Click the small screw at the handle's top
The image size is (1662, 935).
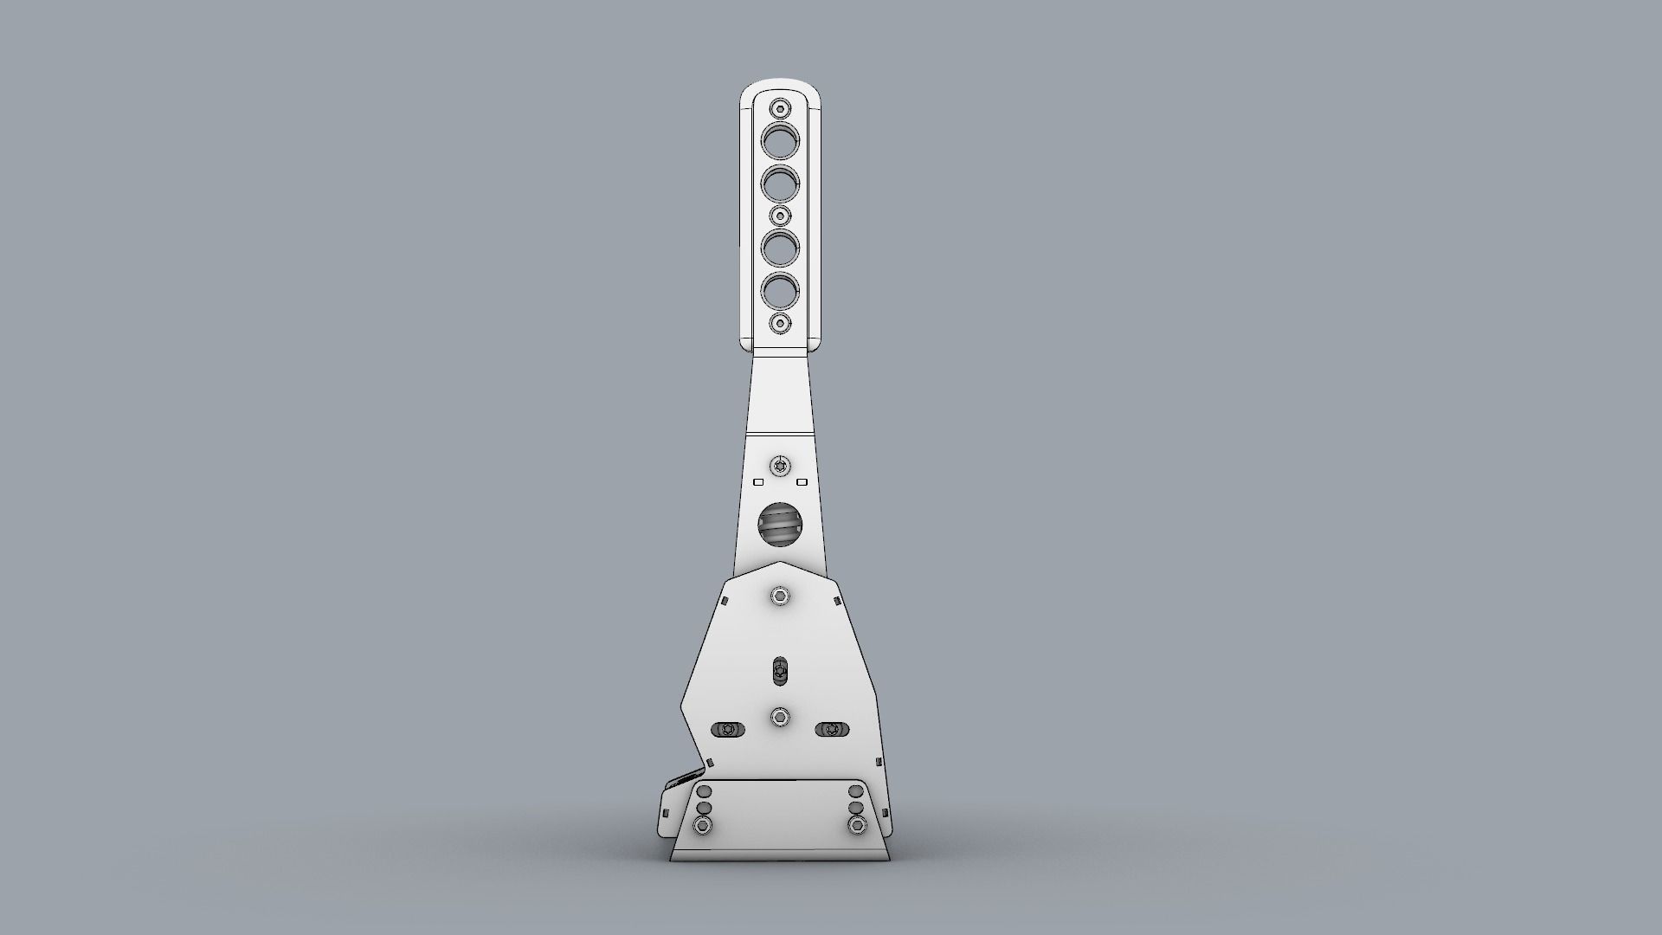tap(781, 109)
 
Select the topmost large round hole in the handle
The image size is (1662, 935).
tap(780, 139)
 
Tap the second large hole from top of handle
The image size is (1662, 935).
tap(780, 184)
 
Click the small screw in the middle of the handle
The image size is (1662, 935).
tap(781, 215)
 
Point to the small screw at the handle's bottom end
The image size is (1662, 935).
tap(781, 324)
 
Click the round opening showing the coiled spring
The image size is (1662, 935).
tap(780, 523)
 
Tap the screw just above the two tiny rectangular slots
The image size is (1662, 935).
tap(782, 466)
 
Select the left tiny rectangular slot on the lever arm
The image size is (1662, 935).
tap(758, 482)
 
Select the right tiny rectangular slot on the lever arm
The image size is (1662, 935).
tap(802, 482)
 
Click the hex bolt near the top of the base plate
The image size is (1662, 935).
tap(780, 596)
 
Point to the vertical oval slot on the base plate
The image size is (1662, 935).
tap(780, 671)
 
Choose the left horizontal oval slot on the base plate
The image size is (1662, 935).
tap(729, 730)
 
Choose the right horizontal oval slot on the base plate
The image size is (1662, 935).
tap(831, 730)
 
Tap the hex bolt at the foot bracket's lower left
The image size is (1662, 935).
tap(703, 827)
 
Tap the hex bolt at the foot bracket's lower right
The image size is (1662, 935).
tap(857, 827)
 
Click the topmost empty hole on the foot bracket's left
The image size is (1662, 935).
tap(704, 791)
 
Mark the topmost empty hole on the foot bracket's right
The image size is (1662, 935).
tap(856, 791)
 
